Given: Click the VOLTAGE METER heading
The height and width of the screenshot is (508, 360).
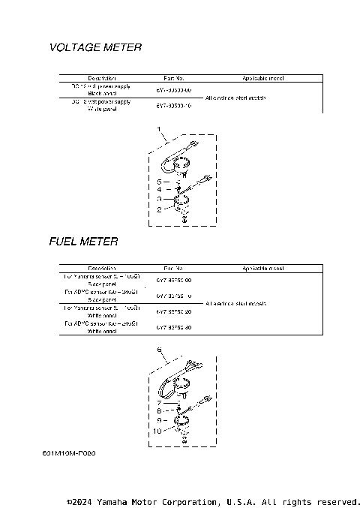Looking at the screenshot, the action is pos(95,47).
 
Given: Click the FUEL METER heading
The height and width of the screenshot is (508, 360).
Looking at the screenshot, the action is pos(83,242).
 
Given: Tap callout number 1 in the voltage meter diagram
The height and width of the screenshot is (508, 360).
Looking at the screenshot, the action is pos(159,131).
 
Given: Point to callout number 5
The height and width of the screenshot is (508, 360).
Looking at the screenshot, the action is pos(159,182).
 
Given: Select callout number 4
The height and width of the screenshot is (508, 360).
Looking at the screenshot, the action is pos(159,190).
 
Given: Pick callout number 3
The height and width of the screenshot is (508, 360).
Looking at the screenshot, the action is pos(159,200).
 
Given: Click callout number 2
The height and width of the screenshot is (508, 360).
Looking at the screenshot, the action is pos(159,210).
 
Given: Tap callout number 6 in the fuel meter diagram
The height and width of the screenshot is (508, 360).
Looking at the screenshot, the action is pos(159,350).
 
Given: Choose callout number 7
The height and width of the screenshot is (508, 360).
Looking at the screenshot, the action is pos(159,403).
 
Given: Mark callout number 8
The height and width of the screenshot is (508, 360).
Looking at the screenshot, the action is pos(159,411).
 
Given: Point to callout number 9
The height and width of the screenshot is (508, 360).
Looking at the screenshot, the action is pos(159,421).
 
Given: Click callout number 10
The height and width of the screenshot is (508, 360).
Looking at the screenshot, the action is pos(157,431).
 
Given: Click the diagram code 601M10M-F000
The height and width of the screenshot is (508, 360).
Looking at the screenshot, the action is pos(69,453).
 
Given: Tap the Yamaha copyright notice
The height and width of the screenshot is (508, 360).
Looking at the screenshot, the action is pos(214,501).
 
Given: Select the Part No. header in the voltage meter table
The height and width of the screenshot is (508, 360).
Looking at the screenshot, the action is pos(173,78).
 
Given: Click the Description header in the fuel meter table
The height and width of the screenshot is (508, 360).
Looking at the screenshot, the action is pos(101,268).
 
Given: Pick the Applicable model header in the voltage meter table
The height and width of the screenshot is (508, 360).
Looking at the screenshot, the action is pos(262,78).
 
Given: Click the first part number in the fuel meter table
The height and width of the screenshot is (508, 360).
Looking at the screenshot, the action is pos(173,280).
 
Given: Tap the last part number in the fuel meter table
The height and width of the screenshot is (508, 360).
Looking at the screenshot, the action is pos(173,327).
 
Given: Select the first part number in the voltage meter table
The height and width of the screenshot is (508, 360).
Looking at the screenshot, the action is pos(173,89).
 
